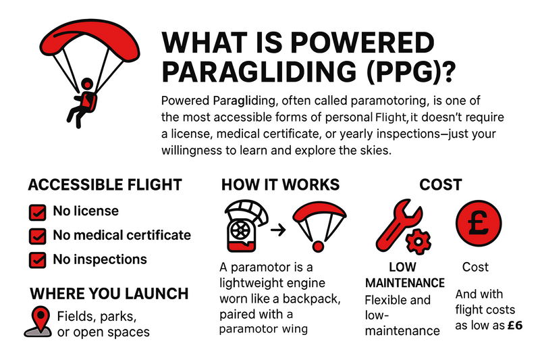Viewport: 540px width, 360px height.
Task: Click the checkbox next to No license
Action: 38,212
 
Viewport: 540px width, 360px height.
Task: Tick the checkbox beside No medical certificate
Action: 38,236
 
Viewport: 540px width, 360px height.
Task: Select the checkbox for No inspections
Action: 38,261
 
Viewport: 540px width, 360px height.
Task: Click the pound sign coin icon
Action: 479,223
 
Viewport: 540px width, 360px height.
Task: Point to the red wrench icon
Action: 398,226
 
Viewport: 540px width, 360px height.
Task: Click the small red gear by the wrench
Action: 418,242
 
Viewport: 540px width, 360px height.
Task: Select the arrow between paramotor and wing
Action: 278,230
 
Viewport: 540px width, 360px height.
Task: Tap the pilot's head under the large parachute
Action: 87,84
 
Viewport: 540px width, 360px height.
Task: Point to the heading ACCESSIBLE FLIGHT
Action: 105,185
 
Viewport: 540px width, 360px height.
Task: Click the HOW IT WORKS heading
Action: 280,185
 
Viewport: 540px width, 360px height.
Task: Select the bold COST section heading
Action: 441,185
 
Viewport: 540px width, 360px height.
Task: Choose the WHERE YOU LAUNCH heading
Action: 109,294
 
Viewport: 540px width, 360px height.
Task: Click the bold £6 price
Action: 515,325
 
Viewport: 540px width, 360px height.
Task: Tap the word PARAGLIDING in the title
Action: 259,72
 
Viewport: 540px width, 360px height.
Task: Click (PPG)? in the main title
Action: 411,72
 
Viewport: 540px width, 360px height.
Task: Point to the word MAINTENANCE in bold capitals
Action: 405,283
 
